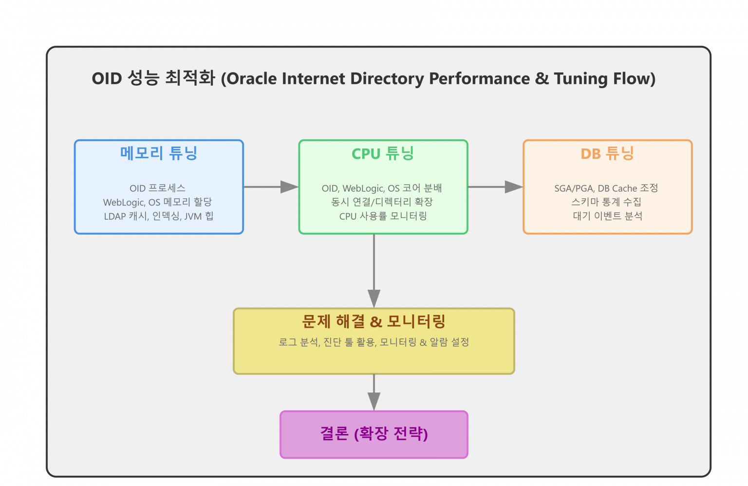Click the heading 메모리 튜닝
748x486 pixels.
coord(159,153)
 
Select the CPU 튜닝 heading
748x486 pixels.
coord(383,153)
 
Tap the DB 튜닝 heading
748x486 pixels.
coord(607,153)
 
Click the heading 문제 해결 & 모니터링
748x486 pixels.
coord(374,321)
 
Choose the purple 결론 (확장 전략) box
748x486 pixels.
coord(374,434)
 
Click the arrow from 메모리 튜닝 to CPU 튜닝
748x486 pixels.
coord(271,187)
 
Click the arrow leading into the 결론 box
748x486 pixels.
coord(374,393)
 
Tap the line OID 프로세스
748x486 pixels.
coord(157,188)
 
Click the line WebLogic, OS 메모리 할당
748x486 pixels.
coord(157,202)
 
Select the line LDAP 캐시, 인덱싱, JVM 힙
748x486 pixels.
coord(159,216)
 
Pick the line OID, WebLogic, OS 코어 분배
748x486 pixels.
coord(382,188)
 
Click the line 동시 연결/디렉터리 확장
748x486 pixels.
coord(382,202)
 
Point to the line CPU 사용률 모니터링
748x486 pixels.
coord(383,216)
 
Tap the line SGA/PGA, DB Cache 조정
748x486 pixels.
coord(606,188)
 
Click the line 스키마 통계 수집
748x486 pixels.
coord(606,202)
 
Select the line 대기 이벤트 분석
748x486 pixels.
coord(607,216)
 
